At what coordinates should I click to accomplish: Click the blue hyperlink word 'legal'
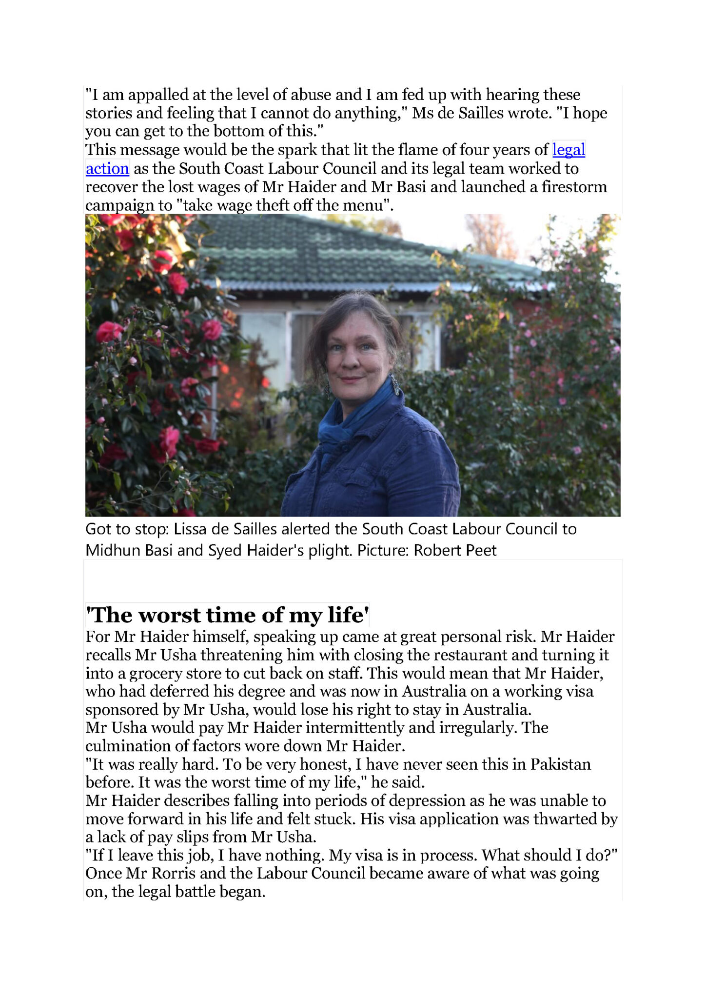[569, 150]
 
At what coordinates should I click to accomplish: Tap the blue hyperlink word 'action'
[107, 169]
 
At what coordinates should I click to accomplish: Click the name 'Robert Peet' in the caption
[455, 550]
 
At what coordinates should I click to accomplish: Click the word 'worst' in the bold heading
[169, 615]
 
